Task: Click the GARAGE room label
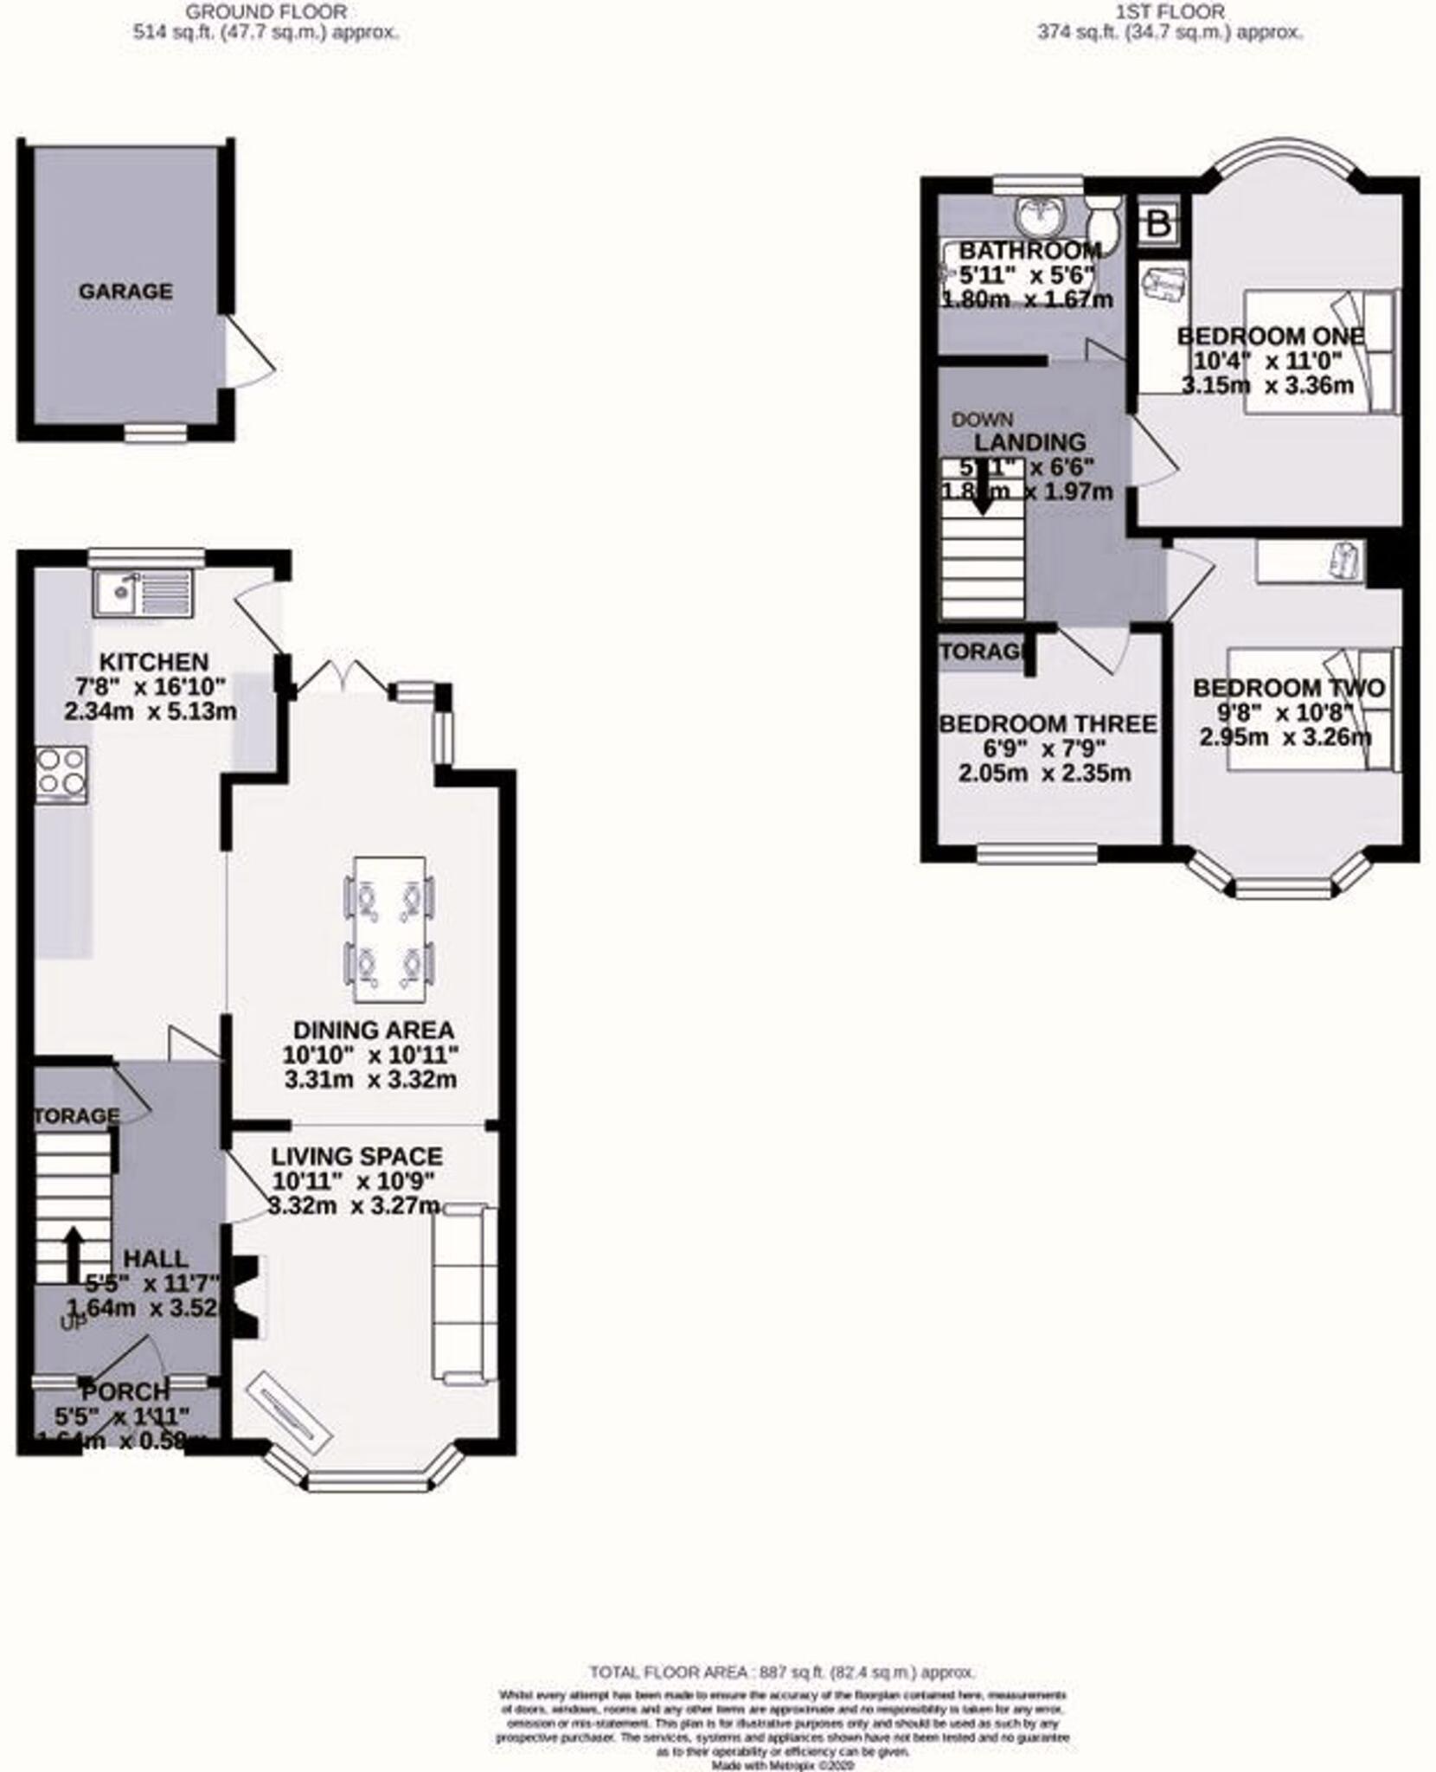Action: [125, 291]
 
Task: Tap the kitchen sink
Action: [143, 594]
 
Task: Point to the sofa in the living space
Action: [465, 1294]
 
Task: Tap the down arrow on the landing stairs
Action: [982, 494]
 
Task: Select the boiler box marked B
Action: [1158, 224]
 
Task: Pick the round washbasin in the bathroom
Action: [1037, 216]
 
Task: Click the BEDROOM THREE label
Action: [1048, 723]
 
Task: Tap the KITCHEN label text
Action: [154, 662]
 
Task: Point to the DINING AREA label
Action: [373, 1030]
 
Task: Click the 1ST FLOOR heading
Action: [1170, 11]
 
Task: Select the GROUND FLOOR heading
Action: [266, 11]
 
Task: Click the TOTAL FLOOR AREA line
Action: [782, 1672]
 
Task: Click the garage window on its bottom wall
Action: [156, 432]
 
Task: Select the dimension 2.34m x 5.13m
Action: [151, 711]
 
